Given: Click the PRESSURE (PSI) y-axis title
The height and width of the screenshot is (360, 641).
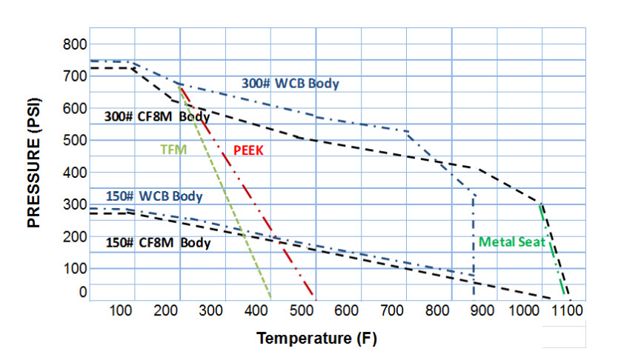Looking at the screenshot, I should coord(34,163).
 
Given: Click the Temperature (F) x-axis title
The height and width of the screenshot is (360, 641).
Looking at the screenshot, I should coord(316,339).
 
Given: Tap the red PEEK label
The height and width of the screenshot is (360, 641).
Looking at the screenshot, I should coord(248,150).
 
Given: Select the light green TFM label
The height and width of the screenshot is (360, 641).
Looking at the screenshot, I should coord(173,149).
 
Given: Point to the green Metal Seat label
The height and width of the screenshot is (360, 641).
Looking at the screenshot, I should coord(512,241).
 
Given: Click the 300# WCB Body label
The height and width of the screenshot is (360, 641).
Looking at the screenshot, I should coord(290,83).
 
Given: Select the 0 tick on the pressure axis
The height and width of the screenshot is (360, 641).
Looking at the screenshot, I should coord(83,292).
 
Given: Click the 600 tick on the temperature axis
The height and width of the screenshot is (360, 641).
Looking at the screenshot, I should coord(346,310).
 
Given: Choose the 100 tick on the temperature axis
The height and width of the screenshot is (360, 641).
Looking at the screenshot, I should coord(122,310).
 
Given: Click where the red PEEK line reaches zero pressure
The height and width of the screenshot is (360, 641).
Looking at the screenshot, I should coord(315,298).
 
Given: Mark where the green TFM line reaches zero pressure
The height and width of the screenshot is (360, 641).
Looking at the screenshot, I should coord(270,298).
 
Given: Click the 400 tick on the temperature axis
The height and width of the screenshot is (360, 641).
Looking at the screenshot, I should coord(256,310).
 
